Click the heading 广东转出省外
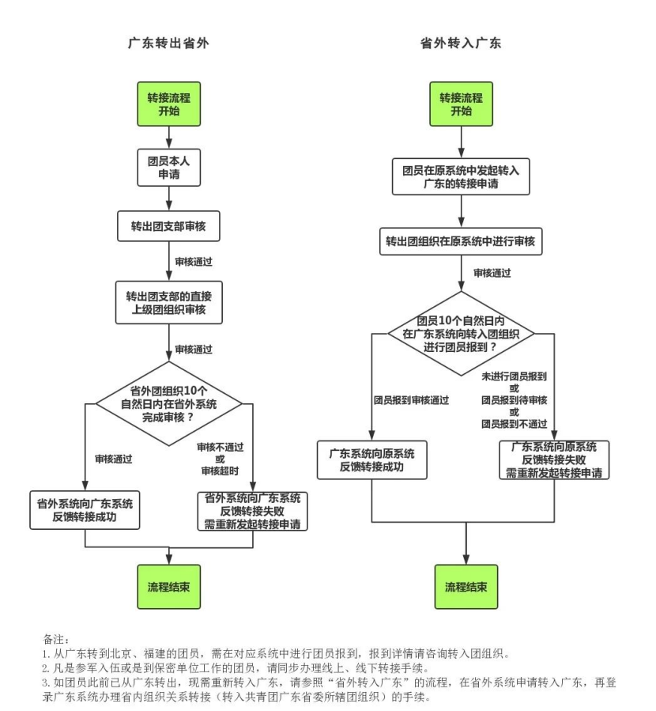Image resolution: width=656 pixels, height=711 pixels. coord(168,43)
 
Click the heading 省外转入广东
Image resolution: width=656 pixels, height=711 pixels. coord(461,43)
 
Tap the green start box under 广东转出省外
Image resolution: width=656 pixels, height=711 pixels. coord(169,104)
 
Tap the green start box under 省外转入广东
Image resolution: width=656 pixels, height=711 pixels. coord(461,104)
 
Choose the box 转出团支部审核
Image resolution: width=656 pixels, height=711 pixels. coord(168,225)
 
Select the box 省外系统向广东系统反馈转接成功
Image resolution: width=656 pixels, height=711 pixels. coord(85,510)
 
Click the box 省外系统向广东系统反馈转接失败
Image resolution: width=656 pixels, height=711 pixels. coord(252,511)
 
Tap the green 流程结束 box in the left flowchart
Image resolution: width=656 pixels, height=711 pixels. coord(168,586)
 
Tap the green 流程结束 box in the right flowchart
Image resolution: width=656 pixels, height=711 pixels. coord(466,586)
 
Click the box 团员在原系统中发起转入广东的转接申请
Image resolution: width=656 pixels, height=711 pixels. coord(460,176)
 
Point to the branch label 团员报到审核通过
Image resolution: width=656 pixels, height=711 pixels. coord(411,400)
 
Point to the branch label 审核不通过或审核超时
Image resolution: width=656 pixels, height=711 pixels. coord(220,458)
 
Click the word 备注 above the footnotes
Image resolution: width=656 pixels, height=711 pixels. coord(55,637)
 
